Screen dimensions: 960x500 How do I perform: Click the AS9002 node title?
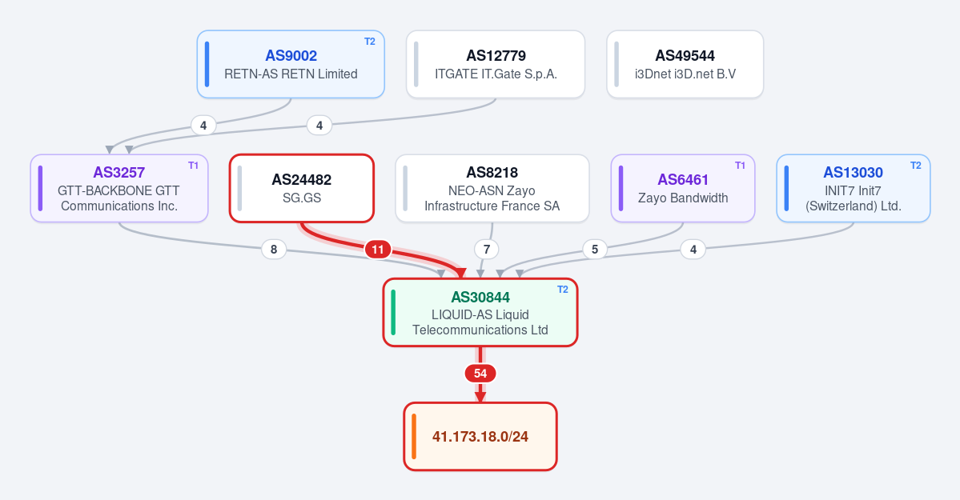click(x=291, y=56)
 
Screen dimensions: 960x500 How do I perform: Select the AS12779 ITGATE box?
click(x=496, y=64)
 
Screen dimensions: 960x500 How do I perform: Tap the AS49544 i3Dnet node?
click(x=685, y=64)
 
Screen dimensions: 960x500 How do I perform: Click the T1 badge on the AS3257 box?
click(x=193, y=166)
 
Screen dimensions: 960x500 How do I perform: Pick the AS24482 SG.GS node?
click(x=302, y=188)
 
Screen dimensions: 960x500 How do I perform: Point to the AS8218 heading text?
click(x=492, y=173)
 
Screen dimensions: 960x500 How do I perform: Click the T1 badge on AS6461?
click(x=740, y=166)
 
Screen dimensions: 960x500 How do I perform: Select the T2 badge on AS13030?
click(x=915, y=166)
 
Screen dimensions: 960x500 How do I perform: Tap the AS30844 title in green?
click(x=480, y=298)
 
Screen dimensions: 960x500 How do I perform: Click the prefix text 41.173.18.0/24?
click(x=480, y=436)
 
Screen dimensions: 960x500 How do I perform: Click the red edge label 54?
click(x=480, y=374)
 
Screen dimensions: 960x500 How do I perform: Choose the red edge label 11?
click(x=378, y=249)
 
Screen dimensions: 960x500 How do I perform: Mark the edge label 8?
click(x=274, y=249)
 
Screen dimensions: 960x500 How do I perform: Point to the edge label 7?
click(x=487, y=249)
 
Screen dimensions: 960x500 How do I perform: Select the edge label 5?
click(x=594, y=249)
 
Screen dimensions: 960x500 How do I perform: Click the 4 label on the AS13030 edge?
click(x=693, y=249)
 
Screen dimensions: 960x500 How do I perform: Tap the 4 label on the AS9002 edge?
click(x=203, y=126)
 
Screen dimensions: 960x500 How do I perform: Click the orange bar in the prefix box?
click(x=414, y=436)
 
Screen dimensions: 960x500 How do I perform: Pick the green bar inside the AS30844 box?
click(x=393, y=313)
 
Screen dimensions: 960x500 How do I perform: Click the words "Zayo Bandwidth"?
click(x=683, y=198)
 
